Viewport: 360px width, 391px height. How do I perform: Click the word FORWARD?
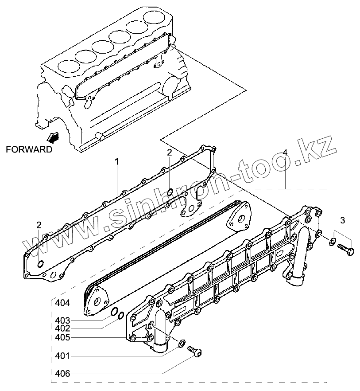(29, 149)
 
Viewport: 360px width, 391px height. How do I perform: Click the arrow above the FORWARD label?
(52, 137)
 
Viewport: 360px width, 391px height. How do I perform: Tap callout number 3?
(342, 220)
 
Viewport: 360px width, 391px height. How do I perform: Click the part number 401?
(62, 356)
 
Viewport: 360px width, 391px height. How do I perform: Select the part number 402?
(62, 328)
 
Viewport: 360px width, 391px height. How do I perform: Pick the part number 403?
(62, 320)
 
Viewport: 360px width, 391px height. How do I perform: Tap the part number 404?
(62, 303)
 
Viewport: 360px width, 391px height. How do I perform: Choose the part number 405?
(62, 338)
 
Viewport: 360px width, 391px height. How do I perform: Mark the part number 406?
(62, 374)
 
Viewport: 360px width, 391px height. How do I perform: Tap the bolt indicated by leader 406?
(195, 352)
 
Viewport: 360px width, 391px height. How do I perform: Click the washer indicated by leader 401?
(181, 343)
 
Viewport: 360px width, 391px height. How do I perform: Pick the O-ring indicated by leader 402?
(120, 316)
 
